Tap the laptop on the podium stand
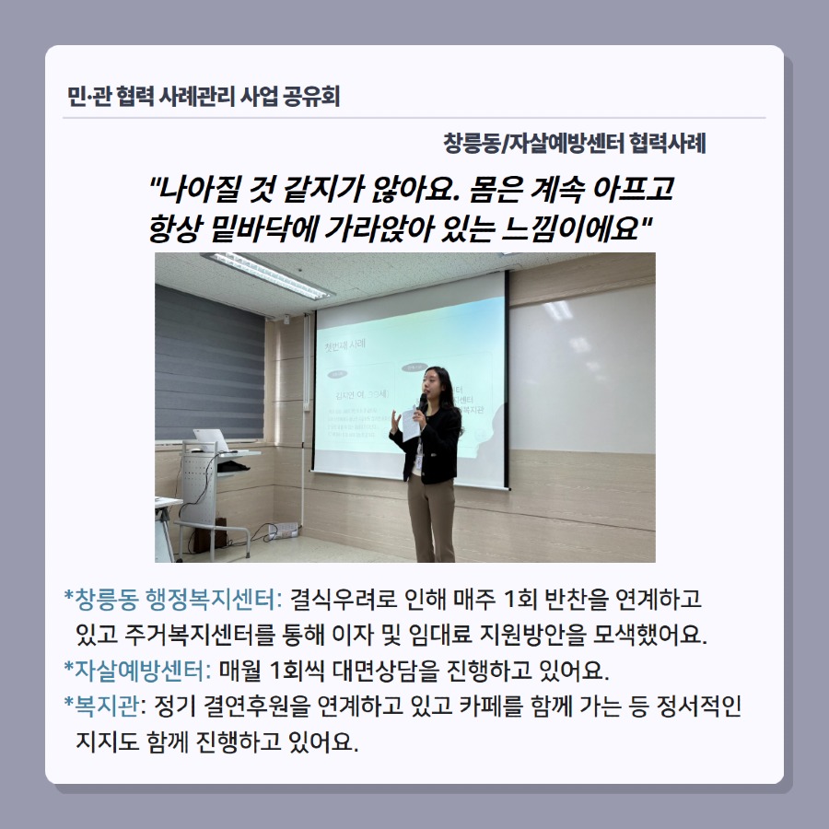(x=211, y=439)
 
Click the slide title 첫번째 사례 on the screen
(x=345, y=345)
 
